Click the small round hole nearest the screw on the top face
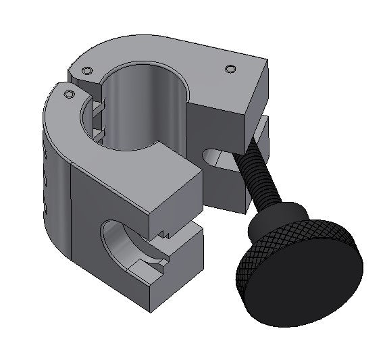coord(230,69)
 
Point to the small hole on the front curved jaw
coord(69,95)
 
